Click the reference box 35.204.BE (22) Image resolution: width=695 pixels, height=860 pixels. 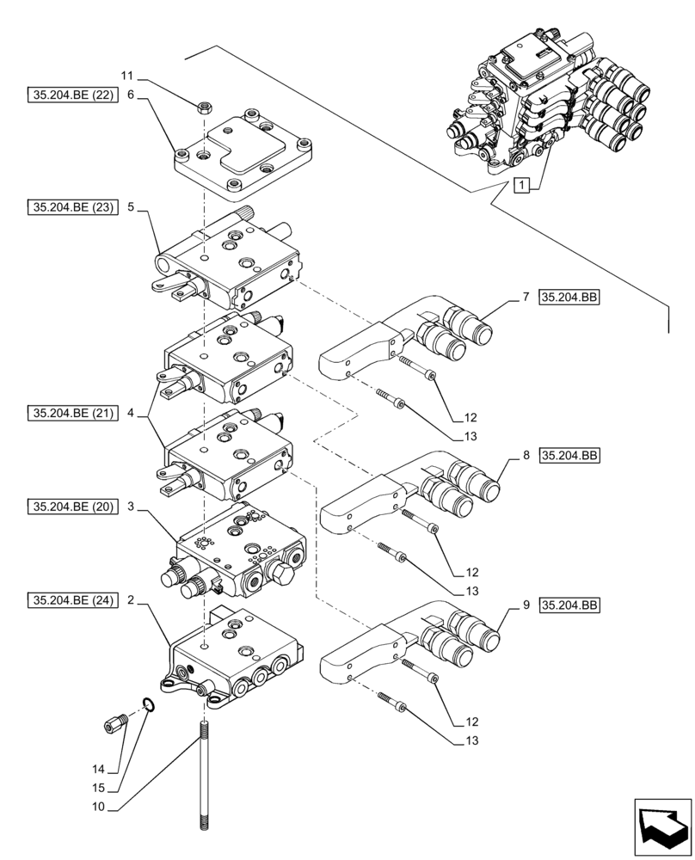click(69, 95)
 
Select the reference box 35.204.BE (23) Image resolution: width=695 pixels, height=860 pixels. click(69, 207)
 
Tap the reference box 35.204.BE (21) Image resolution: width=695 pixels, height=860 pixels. click(69, 414)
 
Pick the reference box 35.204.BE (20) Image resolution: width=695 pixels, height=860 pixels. click(69, 508)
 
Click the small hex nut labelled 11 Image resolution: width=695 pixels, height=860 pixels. click(206, 107)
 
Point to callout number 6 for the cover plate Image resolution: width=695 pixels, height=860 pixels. click(130, 95)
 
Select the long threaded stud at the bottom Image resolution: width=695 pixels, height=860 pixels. click(206, 778)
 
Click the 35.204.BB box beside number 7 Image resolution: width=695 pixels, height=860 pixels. click(569, 298)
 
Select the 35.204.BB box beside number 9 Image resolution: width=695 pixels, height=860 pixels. click(569, 606)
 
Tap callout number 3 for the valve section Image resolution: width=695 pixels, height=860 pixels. click(130, 508)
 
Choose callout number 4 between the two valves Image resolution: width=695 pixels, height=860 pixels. click(130, 414)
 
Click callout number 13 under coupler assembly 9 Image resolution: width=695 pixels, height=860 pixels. click(471, 740)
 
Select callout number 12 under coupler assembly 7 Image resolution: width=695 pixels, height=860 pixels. click(471, 418)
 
